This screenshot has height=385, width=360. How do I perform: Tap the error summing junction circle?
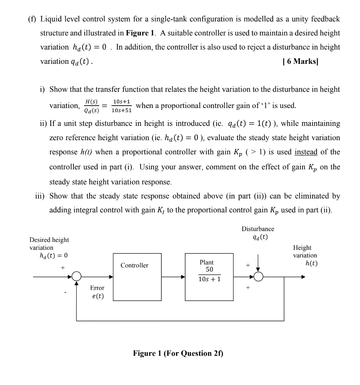[76, 276]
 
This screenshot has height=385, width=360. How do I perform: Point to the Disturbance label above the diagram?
[258, 229]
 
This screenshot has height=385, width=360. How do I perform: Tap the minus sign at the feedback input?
[65, 293]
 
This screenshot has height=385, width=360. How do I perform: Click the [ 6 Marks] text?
[300, 61]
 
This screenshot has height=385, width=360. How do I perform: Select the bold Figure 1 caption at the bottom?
[178, 353]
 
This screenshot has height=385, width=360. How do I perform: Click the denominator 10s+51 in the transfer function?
[121, 111]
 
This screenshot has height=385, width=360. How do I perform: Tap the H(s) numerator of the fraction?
[91, 102]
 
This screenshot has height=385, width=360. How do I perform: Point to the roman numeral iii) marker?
[41, 196]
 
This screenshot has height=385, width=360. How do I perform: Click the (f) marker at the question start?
[32, 19]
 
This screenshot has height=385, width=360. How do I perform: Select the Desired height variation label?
[49, 244]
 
